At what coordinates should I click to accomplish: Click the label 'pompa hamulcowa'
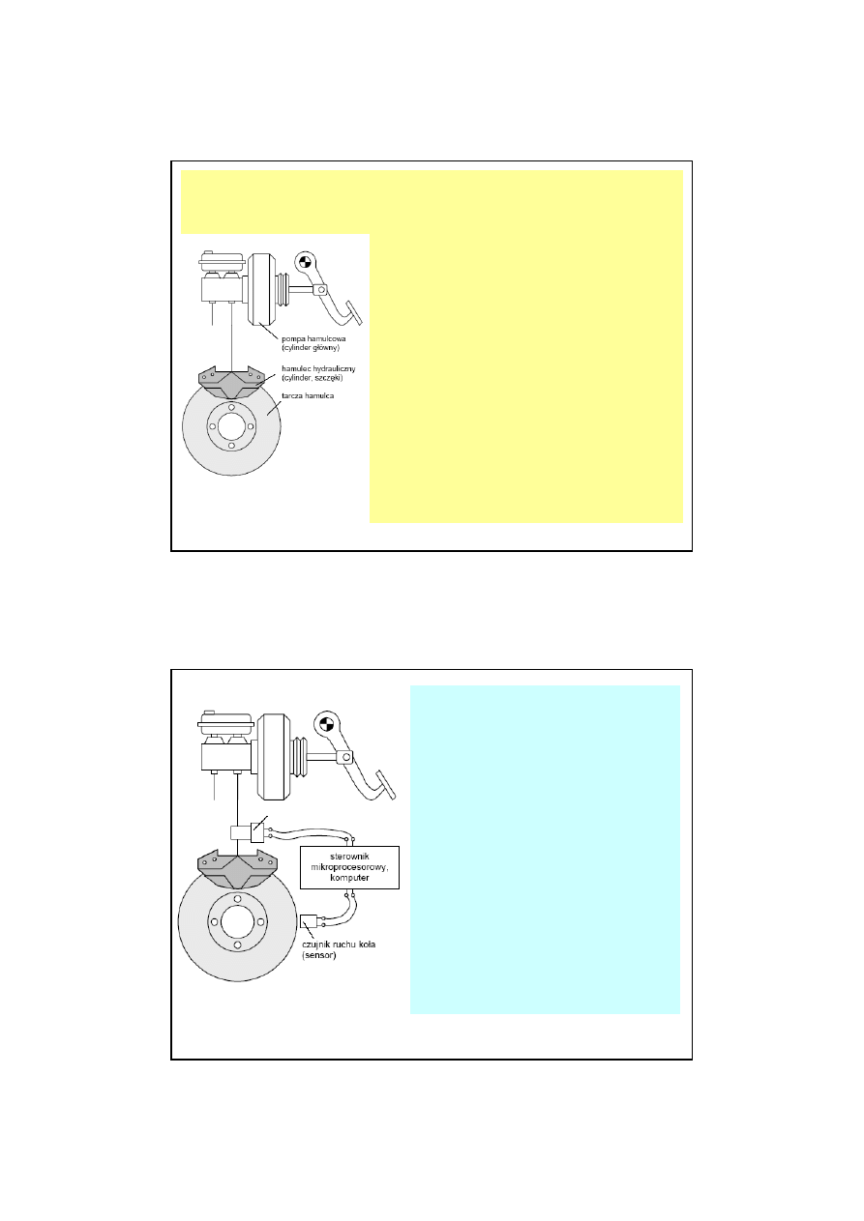pos(313,338)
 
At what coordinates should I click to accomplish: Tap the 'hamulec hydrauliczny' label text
pos(318,369)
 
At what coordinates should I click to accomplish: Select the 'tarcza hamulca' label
pos(308,395)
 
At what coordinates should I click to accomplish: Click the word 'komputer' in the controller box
pos(349,878)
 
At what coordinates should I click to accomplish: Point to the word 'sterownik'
pos(349,857)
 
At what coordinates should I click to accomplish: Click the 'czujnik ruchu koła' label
pos(339,945)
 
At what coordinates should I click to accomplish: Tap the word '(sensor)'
pos(319,955)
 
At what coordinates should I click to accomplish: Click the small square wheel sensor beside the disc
pos(309,921)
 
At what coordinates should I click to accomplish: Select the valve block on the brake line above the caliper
pos(247,833)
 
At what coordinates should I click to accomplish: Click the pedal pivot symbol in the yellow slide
pos(305,261)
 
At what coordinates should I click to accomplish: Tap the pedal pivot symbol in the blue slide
pos(326,724)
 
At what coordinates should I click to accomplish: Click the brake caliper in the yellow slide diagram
pos(232,382)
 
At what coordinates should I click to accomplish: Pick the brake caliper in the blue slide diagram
pos(237,868)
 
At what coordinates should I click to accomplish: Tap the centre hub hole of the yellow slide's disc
pos(231,426)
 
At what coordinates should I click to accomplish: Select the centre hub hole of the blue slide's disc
pos(237,921)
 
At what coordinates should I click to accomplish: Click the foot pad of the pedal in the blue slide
pos(386,785)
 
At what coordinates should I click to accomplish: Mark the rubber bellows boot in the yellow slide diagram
pos(282,289)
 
